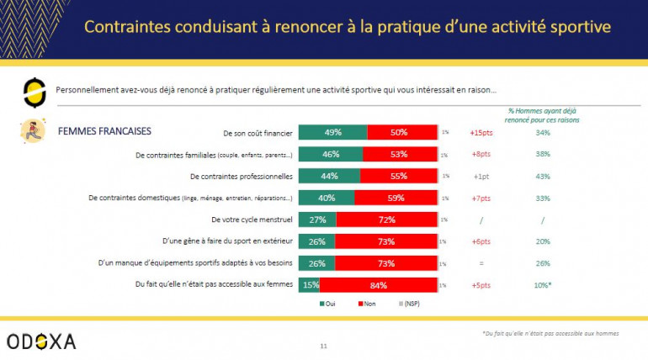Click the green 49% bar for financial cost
point(332,132)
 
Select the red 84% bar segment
point(379,285)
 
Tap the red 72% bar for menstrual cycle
point(386,220)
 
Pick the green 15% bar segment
point(309,285)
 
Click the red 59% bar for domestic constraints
point(396,198)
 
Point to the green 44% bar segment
point(329,176)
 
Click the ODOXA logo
point(40,341)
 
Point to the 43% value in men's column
point(543,176)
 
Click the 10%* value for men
point(544,285)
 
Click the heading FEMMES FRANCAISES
point(104,132)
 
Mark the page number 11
point(324,346)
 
